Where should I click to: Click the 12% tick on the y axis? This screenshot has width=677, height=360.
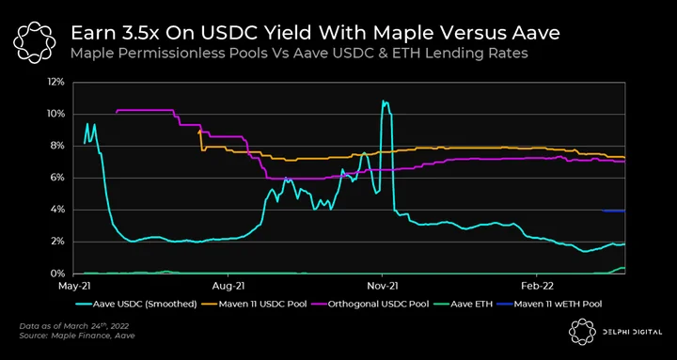(56, 82)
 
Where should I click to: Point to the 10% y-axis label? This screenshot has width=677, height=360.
(56, 114)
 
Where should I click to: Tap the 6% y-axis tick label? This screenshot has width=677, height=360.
(58, 178)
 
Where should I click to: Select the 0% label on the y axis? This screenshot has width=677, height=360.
(58, 274)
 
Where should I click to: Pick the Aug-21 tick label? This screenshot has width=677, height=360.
(228, 286)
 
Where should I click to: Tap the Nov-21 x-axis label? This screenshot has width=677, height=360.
(382, 286)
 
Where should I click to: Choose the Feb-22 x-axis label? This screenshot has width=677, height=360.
(536, 286)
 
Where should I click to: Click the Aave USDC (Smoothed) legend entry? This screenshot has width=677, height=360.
(139, 304)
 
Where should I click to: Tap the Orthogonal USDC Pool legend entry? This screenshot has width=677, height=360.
(371, 304)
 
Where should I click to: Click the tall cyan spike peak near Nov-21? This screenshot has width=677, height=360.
(383, 101)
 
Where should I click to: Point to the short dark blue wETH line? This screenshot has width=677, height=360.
(613, 211)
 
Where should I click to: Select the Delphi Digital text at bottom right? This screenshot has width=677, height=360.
(631, 332)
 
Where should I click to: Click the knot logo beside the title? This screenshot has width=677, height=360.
(34, 41)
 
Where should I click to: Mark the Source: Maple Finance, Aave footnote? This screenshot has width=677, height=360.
(77, 336)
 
